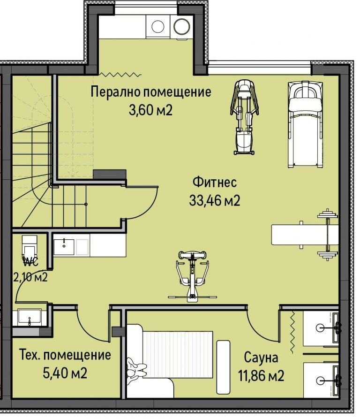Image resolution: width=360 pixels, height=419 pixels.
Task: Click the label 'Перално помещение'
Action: point(150,91)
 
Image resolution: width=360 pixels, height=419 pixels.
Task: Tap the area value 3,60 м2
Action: point(150,111)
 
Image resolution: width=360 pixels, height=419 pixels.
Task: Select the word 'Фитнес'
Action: point(214,182)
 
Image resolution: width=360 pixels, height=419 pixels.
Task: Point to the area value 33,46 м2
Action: point(214,201)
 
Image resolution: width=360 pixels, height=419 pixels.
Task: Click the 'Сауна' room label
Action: point(261,358)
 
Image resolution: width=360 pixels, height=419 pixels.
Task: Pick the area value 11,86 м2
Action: point(261,376)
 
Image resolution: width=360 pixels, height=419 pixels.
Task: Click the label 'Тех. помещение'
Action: point(65,355)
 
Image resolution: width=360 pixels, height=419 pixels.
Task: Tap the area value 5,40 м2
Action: point(65,373)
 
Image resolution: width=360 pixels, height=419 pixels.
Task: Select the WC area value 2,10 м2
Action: point(30,277)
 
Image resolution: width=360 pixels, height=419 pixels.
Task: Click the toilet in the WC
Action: point(29,246)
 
